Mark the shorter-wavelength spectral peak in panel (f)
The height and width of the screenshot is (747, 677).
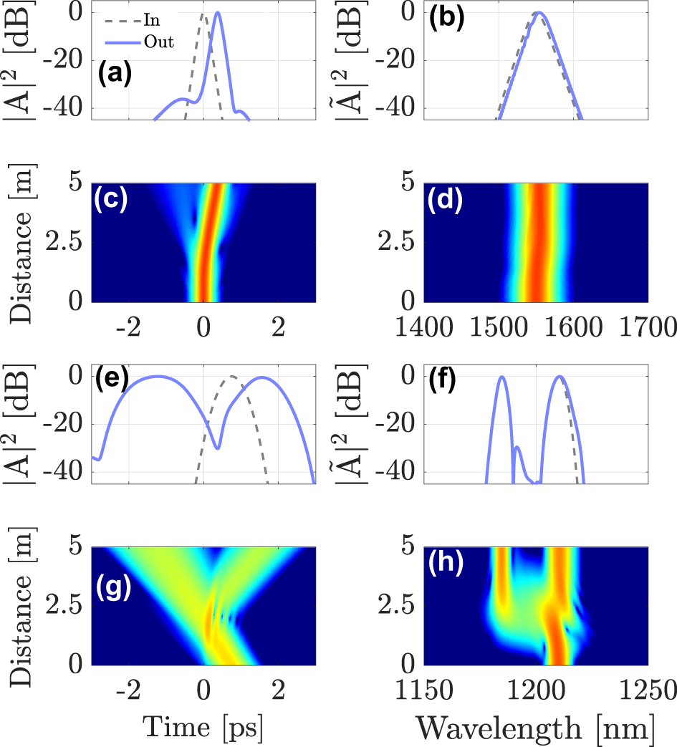pos(502,377)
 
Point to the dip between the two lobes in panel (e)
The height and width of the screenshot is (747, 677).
pos(218,448)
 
